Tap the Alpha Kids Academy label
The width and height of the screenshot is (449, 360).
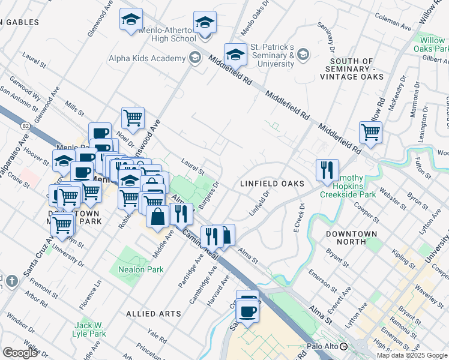click(x=146, y=58)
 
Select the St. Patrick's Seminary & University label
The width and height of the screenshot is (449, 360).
click(x=271, y=55)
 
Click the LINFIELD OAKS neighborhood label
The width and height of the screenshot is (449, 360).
click(x=272, y=183)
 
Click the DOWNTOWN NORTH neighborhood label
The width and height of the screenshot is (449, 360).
click(x=352, y=238)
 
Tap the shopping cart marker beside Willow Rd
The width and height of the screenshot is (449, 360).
click(x=371, y=132)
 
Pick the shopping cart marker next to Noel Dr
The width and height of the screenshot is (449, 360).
click(x=133, y=117)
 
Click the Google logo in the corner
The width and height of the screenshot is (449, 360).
click(x=20, y=352)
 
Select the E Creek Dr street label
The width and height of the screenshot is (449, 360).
click(x=298, y=214)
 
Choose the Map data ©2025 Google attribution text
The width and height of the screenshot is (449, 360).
click(x=411, y=355)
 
